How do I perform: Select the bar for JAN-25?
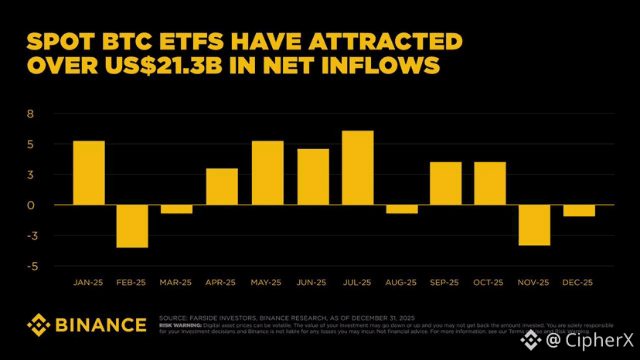coord(89,173)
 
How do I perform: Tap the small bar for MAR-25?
coord(177,209)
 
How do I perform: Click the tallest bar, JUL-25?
coord(357,168)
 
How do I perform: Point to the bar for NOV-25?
coord(535,225)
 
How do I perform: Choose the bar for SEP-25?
coord(446,183)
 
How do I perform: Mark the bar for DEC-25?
coord(579,211)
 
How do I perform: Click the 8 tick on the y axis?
coord(32,114)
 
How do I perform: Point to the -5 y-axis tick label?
coord(30,267)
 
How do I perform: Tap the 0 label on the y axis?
coord(32,205)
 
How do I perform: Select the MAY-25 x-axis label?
coord(266,283)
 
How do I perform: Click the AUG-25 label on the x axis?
coord(400,283)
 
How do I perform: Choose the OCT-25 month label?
coord(489,283)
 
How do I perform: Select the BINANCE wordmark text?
coord(100,324)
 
